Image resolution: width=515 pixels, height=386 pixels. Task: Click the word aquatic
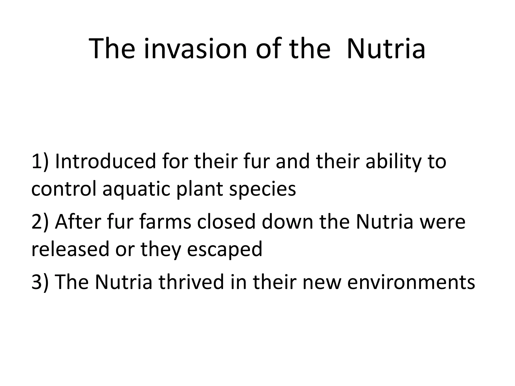click(x=137, y=190)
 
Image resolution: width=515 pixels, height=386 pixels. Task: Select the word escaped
click(x=224, y=250)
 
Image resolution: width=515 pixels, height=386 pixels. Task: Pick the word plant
click(x=200, y=190)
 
